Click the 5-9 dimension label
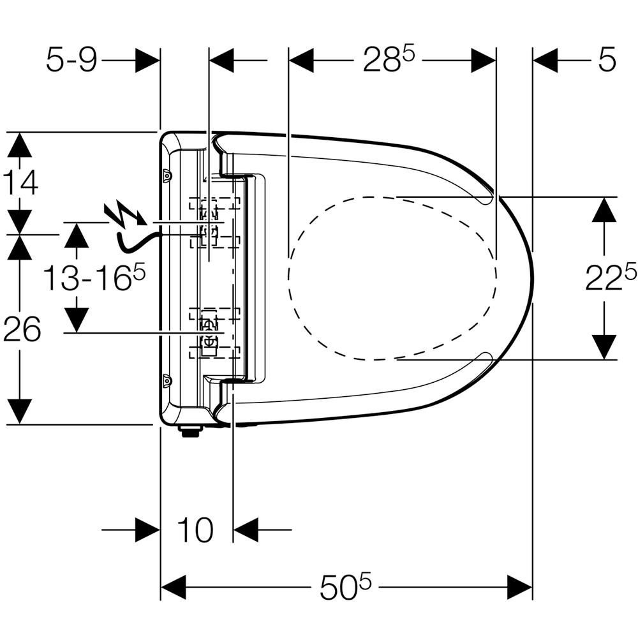[71, 61]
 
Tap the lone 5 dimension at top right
[607, 61]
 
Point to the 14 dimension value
[21, 183]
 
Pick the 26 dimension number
[22, 330]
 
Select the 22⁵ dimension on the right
[611, 278]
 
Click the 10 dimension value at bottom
[194, 530]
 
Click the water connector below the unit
[189, 432]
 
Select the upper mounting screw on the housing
[167, 174]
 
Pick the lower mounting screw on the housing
[167, 380]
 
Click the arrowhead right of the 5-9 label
[147, 61]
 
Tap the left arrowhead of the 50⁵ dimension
[172, 586]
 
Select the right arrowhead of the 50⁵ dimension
[519, 586]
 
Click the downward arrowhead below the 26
[21, 410]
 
